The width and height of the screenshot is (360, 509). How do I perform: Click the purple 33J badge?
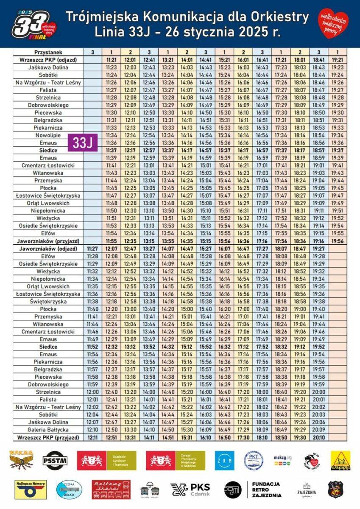tap(83, 143)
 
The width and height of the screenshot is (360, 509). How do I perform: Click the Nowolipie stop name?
tap(48, 135)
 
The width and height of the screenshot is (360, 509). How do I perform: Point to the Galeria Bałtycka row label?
tap(48, 430)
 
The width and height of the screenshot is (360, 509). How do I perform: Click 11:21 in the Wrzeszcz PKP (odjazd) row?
tap(111, 60)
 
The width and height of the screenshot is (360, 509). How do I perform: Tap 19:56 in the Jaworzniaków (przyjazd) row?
tap(338, 241)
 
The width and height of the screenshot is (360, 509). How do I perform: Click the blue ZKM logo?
tap(225, 460)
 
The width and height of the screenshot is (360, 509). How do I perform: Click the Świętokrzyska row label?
tap(48, 302)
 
